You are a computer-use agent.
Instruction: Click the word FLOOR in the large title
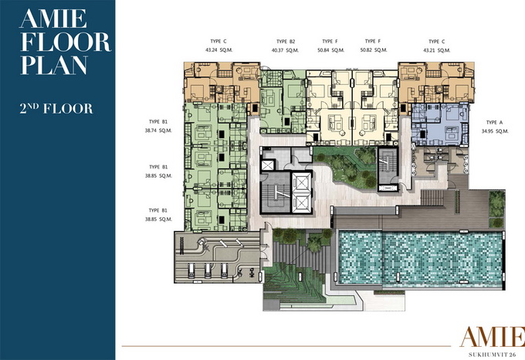(x=66, y=42)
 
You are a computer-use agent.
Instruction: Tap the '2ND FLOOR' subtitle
(x=56, y=108)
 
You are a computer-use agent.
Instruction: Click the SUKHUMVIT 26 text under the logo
(x=492, y=355)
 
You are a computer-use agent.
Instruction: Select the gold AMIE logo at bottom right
(x=493, y=337)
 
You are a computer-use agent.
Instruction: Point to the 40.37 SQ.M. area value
(x=285, y=50)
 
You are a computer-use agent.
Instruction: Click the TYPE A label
(x=495, y=123)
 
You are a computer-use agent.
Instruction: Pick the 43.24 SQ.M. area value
(x=218, y=50)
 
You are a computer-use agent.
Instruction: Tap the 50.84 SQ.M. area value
(x=330, y=50)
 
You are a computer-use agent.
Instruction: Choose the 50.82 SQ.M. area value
(x=374, y=50)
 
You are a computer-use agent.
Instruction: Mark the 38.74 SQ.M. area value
(x=158, y=131)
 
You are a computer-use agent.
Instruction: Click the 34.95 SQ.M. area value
(x=495, y=131)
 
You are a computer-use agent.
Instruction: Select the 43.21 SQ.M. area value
(x=437, y=50)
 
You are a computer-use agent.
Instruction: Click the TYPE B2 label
(x=286, y=42)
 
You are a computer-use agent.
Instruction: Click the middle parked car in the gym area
(x=208, y=270)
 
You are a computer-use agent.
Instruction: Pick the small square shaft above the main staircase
(x=268, y=165)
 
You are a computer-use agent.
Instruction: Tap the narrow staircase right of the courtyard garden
(x=388, y=165)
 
